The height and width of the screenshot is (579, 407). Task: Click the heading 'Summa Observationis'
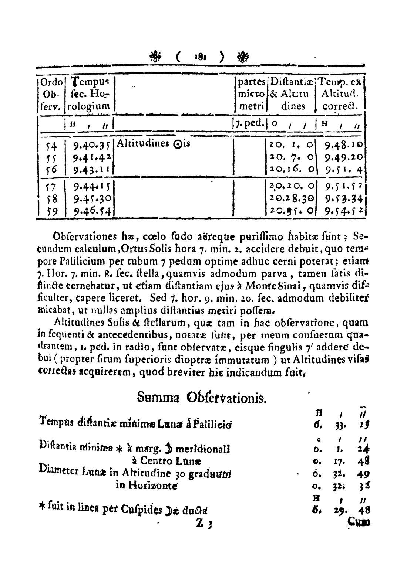click(x=201, y=398)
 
